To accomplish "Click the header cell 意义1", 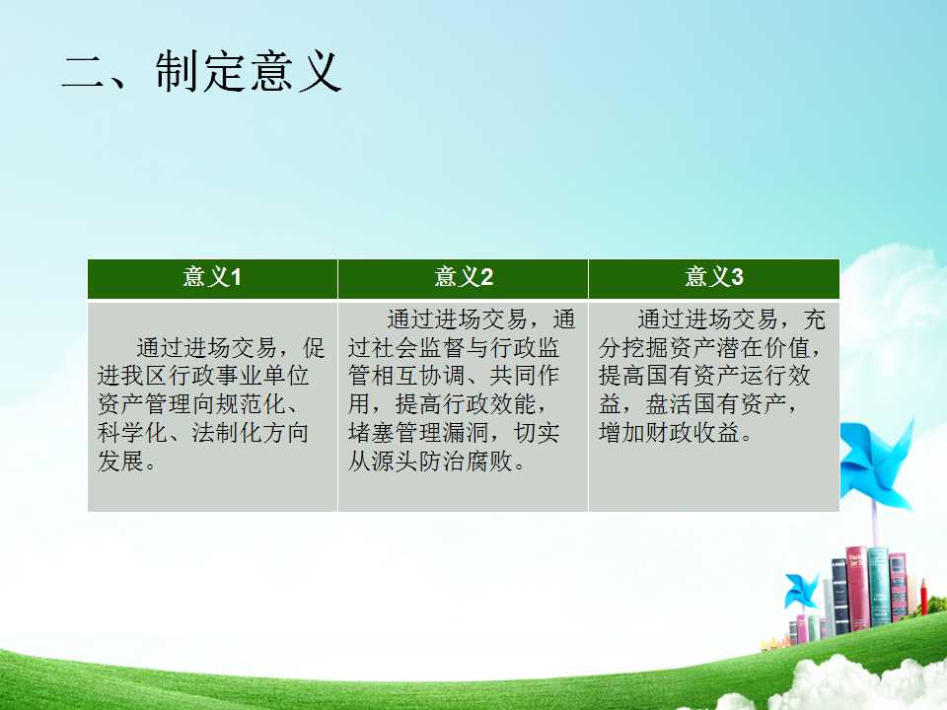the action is click(212, 278).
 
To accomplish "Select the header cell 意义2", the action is click(464, 278).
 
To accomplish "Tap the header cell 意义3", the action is click(714, 278).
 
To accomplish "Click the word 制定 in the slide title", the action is click(198, 72).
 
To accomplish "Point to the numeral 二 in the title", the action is click(84, 73).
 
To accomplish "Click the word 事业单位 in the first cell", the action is click(262, 376).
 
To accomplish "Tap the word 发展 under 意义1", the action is click(120, 461).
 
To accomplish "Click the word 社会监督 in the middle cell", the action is click(417, 347).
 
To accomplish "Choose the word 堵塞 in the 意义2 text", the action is click(371, 432).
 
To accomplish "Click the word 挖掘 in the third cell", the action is click(645, 347).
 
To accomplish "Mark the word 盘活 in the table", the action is click(669, 404).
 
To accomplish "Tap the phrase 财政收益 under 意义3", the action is click(692, 432).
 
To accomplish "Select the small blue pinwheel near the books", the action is click(801, 591).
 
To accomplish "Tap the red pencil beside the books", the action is click(924, 597).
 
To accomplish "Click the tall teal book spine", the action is click(878, 586).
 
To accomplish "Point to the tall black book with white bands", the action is click(840, 597).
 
